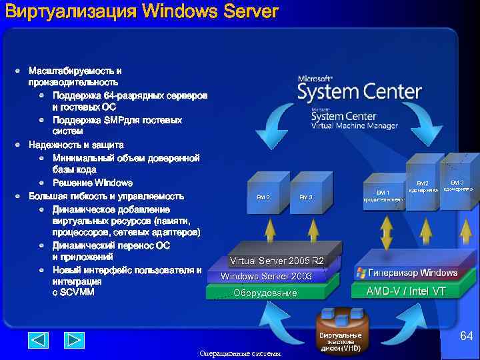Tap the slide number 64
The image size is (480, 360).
coord(466,337)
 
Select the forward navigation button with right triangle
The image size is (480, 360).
coord(74,340)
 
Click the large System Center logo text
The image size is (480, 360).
coord(359,90)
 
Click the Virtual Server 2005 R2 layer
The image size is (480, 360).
coord(276,261)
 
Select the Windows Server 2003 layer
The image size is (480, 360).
coord(266,276)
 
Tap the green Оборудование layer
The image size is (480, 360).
coord(265,293)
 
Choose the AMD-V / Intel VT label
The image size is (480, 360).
coord(405,291)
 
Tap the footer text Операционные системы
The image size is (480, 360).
coord(240,353)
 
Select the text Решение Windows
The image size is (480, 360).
coord(93,183)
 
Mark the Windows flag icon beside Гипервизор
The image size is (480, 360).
coord(361,273)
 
